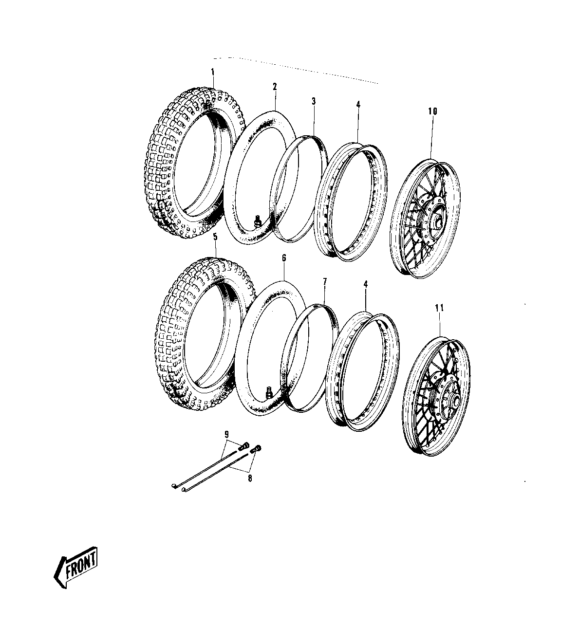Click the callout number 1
click(213, 72)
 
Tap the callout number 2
click(275, 87)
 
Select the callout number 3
click(314, 101)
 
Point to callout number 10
click(432, 111)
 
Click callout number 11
click(439, 308)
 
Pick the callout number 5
click(215, 237)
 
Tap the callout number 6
click(284, 258)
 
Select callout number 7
click(325, 282)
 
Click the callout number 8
click(250, 487)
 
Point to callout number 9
click(226, 435)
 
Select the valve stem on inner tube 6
click(268, 393)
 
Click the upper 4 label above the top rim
click(358, 104)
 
